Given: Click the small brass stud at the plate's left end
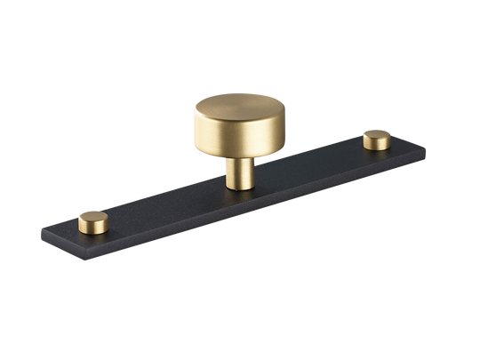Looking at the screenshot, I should [x=92, y=218].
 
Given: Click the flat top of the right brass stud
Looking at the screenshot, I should [x=376, y=135].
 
